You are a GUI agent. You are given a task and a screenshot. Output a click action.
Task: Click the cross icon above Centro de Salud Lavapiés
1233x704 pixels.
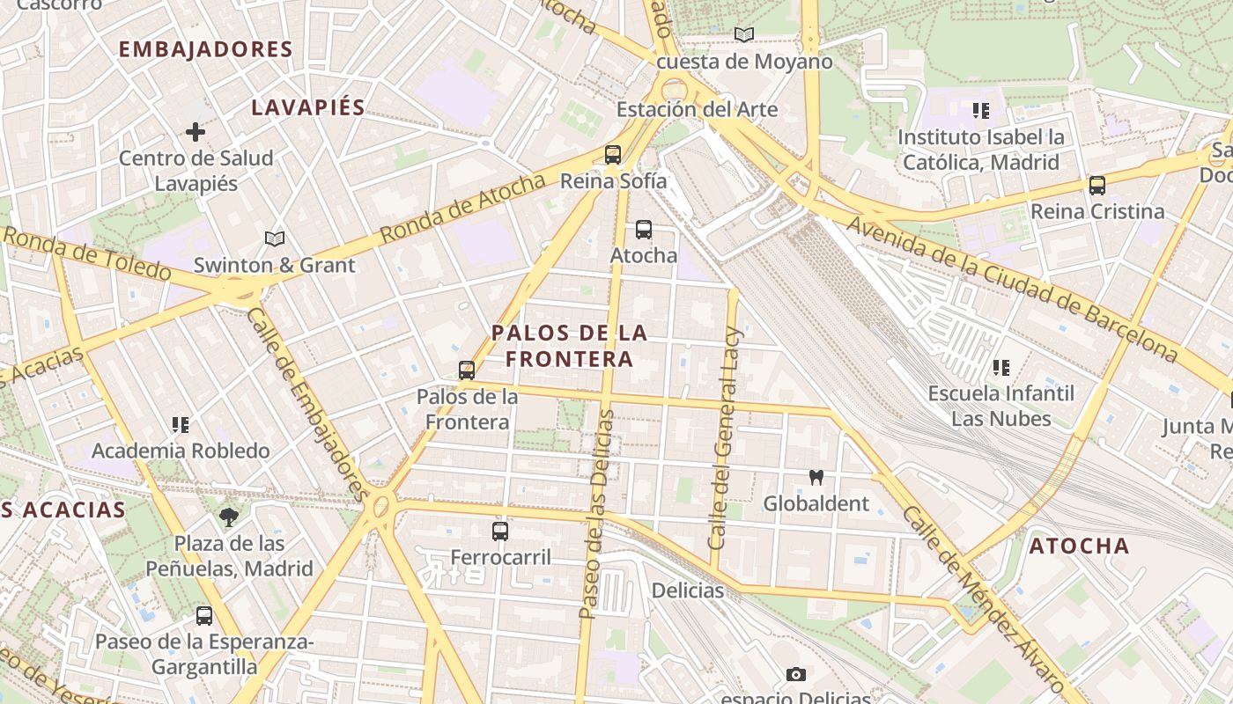pyautogui.click(x=196, y=132)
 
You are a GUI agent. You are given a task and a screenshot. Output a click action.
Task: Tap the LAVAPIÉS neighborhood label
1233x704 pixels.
pyautogui.click(x=308, y=107)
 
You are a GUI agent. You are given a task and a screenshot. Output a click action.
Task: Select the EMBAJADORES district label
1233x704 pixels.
pyautogui.click(x=205, y=49)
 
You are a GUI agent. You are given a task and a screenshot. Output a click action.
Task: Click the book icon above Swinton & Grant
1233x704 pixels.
pyautogui.click(x=275, y=238)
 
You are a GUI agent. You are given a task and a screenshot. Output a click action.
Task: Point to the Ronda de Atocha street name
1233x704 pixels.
pyautogui.click(x=463, y=209)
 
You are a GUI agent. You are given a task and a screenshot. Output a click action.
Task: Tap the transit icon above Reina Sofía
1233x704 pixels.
pyautogui.click(x=613, y=155)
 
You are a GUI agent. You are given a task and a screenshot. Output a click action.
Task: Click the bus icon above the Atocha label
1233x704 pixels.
pyautogui.click(x=644, y=230)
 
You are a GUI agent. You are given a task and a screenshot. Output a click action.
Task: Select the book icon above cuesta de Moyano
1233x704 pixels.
pyautogui.click(x=744, y=35)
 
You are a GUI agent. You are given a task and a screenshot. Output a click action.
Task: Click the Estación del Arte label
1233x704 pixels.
pyautogui.click(x=697, y=110)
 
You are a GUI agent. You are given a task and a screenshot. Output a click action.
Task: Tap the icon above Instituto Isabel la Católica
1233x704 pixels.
pyautogui.click(x=981, y=111)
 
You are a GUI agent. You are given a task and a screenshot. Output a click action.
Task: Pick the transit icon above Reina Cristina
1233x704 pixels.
pyautogui.click(x=1097, y=186)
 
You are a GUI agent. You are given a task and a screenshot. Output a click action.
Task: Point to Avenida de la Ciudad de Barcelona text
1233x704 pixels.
pyautogui.click(x=1013, y=289)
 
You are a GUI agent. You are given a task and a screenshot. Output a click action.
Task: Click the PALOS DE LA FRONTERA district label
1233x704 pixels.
pyautogui.click(x=569, y=346)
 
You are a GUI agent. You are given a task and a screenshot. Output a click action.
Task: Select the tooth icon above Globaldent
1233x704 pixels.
pyautogui.click(x=816, y=478)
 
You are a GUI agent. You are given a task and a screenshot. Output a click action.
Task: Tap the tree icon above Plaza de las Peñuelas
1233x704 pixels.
pyautogui.click(x=230, y=517)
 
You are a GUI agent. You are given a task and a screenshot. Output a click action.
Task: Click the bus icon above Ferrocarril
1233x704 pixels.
pyautogui.click(x=500, y=531)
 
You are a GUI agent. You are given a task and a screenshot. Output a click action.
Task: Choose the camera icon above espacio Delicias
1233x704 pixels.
pyautogui.click(x=796, y=674)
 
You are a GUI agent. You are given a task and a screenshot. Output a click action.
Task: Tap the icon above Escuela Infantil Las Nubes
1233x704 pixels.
pyautogui.click(x=1001, y=367)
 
